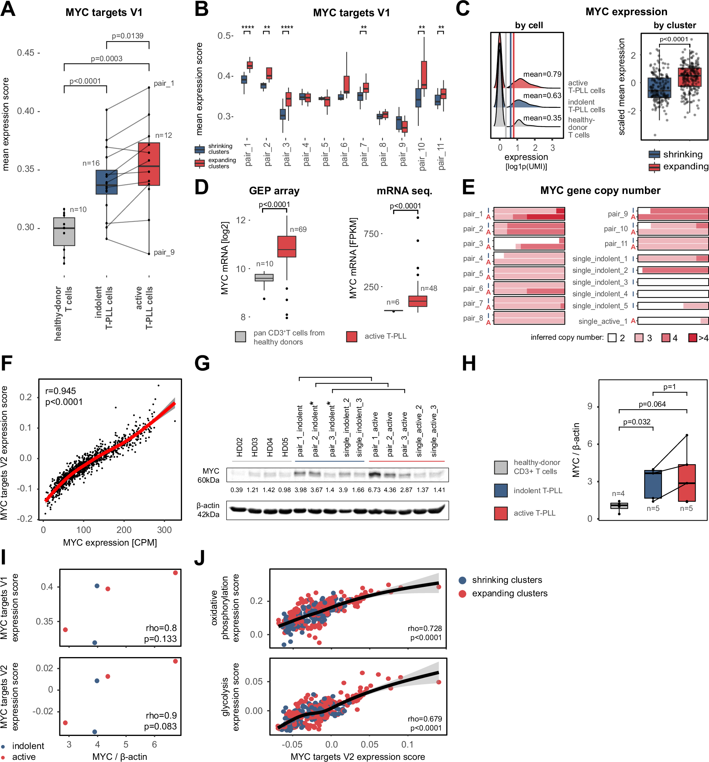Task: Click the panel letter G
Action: (x=202, y=363)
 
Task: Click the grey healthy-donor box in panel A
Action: (x=64, y=232)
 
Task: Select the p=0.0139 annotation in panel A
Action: (x=127, y=36)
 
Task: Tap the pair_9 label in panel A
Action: (x=164, y=252)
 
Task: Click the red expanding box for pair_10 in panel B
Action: (x=424, y=75)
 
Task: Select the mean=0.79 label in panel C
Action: (x=542, y=74)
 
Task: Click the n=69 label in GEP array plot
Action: (x=298, y=229)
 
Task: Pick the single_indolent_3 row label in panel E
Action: (x=600, y=282)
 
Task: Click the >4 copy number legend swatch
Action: (x=692, y=338)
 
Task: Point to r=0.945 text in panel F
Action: (x=60, y=391)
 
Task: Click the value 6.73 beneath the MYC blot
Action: (x=374, y=490)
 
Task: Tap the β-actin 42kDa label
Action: (x=208, y=510)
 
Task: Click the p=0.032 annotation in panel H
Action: (x=637, y=422)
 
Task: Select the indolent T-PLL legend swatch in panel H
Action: (x=501, y=491)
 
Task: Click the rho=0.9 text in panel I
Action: (x=161, y=715)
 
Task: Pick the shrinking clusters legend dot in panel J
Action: (x=463, y=580)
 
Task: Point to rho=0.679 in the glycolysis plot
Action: (x=425, y=719)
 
